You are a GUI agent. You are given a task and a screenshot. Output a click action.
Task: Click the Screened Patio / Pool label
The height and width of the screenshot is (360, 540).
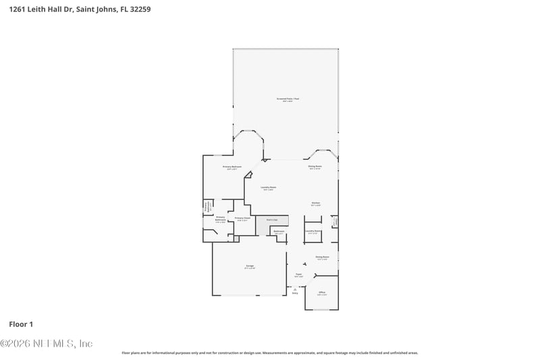click(287, 99)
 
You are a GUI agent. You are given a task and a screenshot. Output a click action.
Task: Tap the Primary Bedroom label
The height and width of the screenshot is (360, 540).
click(232, 167)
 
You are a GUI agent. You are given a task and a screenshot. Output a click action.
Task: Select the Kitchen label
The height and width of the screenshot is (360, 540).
click(315, 203)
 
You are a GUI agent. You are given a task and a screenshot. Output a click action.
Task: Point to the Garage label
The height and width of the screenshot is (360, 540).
click(250, 267)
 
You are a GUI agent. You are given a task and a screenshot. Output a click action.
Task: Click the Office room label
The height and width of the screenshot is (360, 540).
click(322, 293)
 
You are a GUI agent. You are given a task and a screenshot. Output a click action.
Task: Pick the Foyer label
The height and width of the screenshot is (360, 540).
click(299, 275)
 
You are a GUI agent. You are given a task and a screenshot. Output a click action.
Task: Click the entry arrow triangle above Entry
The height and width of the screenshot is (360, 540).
click(295, 288)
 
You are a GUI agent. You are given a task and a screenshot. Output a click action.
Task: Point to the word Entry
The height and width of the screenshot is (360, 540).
click(295, 293)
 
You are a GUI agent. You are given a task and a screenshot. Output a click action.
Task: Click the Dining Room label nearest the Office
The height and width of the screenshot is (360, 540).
click(321, 257)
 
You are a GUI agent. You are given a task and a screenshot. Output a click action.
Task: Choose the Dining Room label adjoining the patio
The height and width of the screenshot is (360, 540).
click(315, 167)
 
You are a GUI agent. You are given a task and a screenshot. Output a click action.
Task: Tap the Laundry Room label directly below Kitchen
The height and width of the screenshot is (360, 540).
click(313, 232)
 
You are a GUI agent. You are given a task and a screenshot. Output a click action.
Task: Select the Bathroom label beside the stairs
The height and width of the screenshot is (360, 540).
click(279, 232)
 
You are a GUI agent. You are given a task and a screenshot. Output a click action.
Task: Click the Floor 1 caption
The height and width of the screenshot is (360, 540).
click(21, 324)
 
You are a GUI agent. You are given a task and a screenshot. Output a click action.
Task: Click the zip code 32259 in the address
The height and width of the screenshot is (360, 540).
click(140, 9)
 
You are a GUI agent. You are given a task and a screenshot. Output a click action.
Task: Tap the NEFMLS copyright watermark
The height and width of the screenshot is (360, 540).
click(47, 344)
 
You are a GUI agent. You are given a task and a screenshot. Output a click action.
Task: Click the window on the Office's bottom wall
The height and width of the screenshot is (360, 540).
click(321, 310)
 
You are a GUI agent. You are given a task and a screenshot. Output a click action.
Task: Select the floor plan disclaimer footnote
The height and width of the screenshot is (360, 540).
click(269, 353)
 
